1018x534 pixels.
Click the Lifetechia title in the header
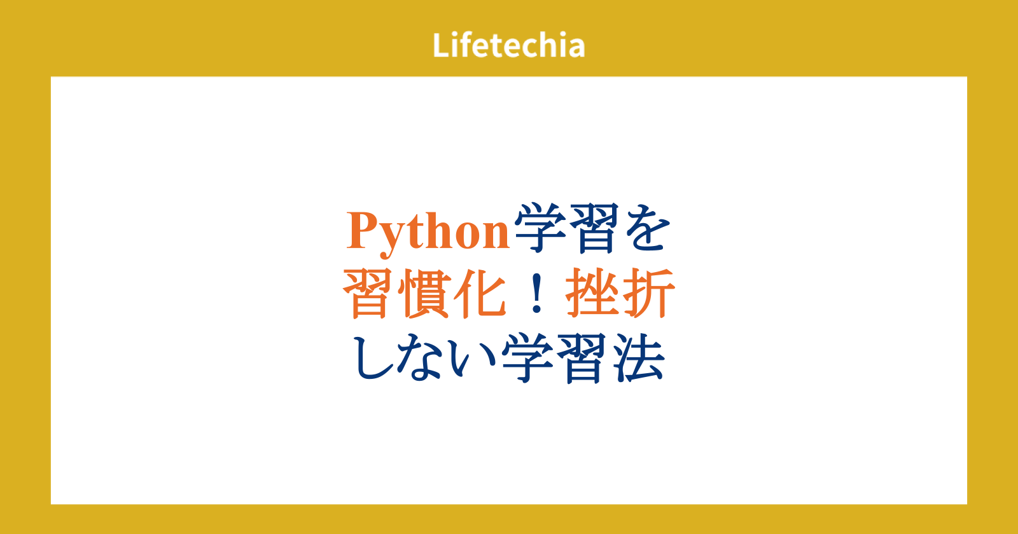click(x=508, y=45)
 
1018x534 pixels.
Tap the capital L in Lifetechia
click(x=441, y=45)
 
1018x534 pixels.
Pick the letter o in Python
click(x=468, y=235)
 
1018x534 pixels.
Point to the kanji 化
click(x=480, y=293)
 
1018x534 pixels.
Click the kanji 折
click(x=648, y=293)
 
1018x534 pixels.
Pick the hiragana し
click(x=373, y=358)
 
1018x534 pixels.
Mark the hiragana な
click(x=422, y=358)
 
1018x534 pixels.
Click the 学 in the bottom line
click(x=527, y=359)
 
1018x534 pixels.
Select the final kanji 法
click(x=638, y=359)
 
